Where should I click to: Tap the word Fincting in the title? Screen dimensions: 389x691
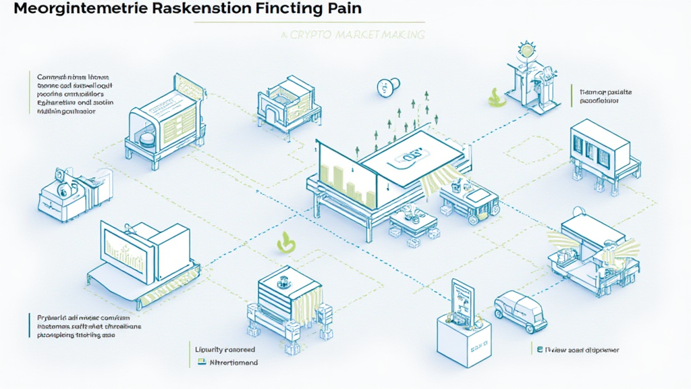pyautogui.click(x=284, y=9)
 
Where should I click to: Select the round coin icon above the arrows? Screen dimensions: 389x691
pyautogui.click(x=386, y=87)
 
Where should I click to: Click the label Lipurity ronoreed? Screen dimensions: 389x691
pyautogui.click(x=225, y=349)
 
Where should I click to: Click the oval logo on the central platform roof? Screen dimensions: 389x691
pyautogui.click(x=408, y=157)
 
